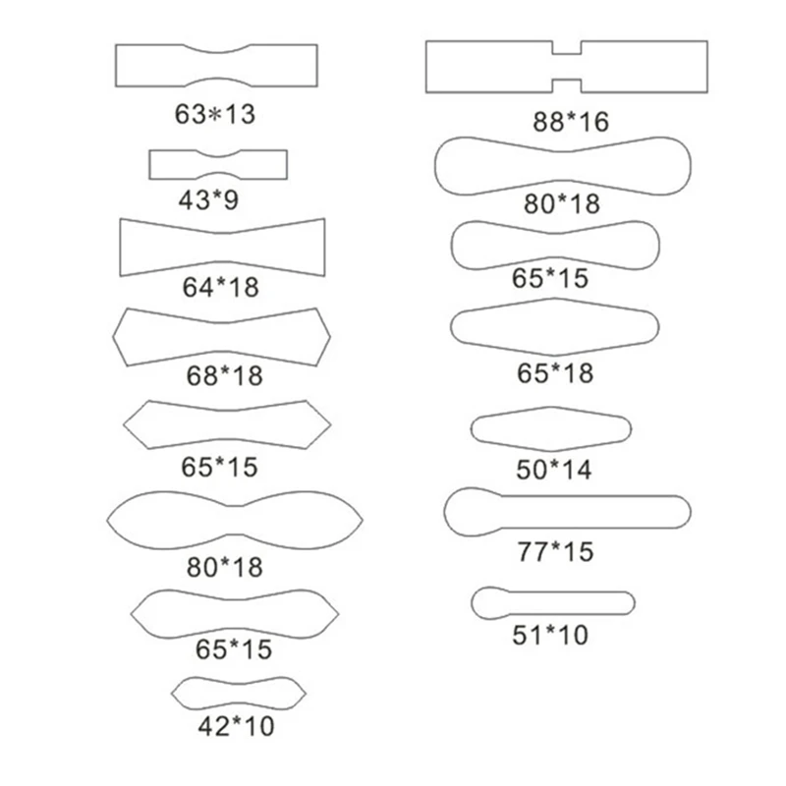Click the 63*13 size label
click(x=215, y=114)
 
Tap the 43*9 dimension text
click(x=208, y=199)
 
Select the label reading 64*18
click(x=220, y=287)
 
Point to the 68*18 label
click(x=225, y=375)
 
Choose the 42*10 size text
click(x=236, y=726)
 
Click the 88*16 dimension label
click(x=571, y=122)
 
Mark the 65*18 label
click(x=555, y=373)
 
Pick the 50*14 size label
click(x=554, y=470)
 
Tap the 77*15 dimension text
click(x=555, y=551)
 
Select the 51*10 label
click(x=550, y=635)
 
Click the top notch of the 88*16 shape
click(x=567, y=54)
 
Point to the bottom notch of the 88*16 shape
click(x=567, y=80)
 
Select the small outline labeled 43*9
click(x=149, y=164)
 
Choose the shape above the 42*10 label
click(x=171, y=694)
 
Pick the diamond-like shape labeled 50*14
click(x=471, y=428)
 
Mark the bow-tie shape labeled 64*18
click(x=120, y=248)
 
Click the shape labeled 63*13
click(x=116, y=66)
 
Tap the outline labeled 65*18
click(x=451, y=327)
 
